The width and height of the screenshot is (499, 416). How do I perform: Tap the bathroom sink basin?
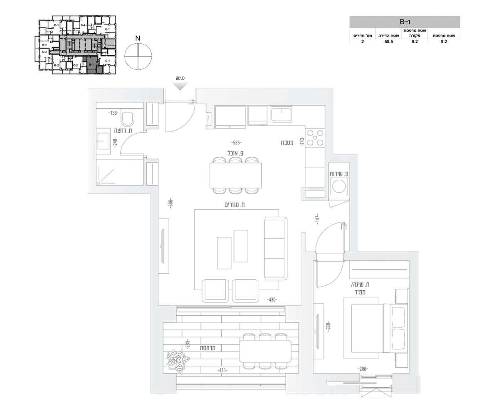[x=103, y=142]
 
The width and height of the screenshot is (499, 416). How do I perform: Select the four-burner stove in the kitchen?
[x=315, y=138]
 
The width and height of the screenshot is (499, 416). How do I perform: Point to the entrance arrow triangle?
[x=180, y=86]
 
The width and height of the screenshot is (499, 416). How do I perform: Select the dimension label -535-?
[x=237, y=142]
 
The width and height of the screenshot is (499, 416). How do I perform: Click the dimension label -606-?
[x=170, y=204]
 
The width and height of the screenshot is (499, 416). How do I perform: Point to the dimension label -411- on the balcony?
[x=222, y=370]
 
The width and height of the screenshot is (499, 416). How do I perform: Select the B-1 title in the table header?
[x=405, y=22]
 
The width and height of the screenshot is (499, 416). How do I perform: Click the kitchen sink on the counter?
[x=282, y=114]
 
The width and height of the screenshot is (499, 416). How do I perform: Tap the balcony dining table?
[x=265, y=351]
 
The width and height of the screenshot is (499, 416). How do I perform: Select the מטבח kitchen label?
[x=287, y=143]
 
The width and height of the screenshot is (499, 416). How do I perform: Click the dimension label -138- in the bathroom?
[x=113, y=113]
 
